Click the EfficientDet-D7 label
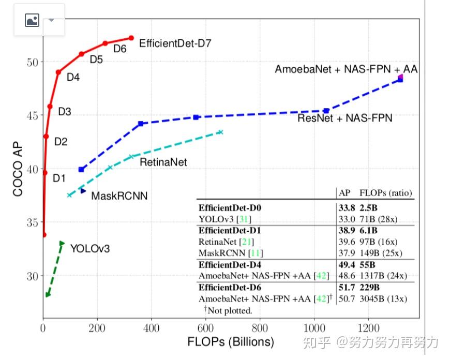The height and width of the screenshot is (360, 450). click(x=175, y=43)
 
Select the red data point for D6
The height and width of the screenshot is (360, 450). click(x=105, y=43)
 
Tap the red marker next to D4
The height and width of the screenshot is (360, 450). click(x=58, y=72)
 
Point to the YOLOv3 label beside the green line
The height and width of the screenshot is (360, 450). click(x=90, y=249)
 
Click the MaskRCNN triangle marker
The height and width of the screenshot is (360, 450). click(x=83, y=191)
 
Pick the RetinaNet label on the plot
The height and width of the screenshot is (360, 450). click(x=163, y=162)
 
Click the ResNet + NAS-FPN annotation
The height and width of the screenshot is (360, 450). click(x=344, y=118)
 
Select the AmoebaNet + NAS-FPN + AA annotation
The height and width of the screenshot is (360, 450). click(x=346, y=69)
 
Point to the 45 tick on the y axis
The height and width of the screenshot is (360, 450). click(x=32, y=115)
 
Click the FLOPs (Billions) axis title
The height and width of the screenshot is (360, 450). click(x=231, y=342)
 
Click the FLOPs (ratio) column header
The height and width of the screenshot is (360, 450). click(x=385, y=193)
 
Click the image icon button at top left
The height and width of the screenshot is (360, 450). click(x=32, y=20)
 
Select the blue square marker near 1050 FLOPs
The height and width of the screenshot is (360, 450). click(x=326, y=111)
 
